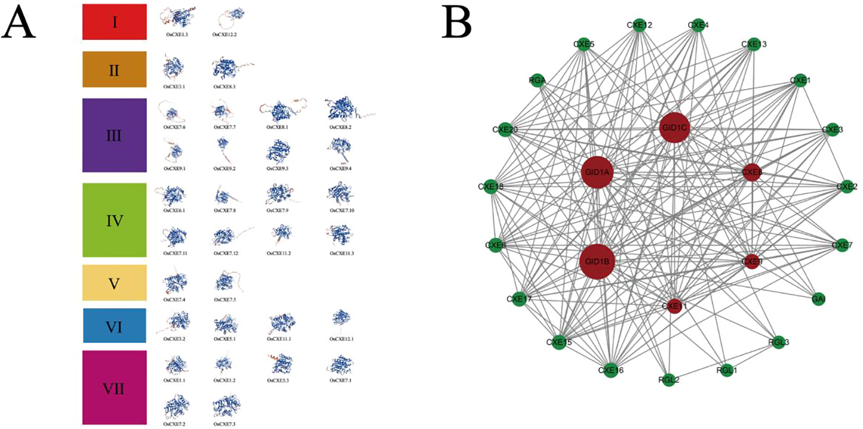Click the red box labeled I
click(114, 22)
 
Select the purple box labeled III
click(114, 135)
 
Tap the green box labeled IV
click(114, 220)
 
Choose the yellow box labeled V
click(114, 283)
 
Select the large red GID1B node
click(597, 261)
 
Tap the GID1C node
click(675, 127)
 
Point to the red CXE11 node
click(674, 306)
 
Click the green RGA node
click(537, 81)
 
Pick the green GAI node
click(818, 299)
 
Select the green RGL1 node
click(726, 370)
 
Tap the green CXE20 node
click(506, 129)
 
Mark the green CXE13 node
click(754, 44)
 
